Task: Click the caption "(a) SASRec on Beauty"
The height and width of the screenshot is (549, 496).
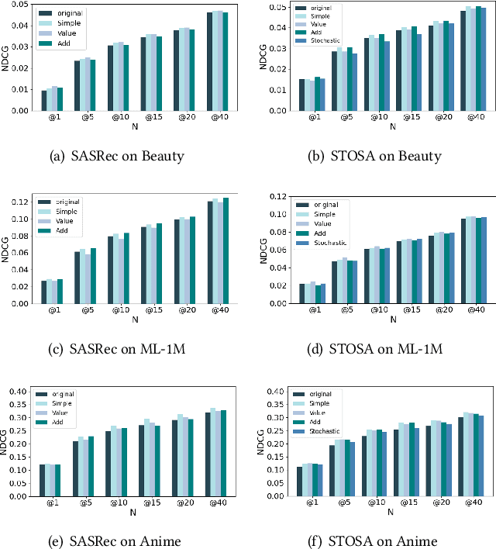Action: pos(116,156)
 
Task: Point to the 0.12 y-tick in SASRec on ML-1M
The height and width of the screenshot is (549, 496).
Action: pos(20,202)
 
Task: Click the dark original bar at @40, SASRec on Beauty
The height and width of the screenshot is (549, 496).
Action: pos(210,61)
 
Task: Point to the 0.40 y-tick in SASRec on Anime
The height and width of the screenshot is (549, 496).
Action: pos(20,392)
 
